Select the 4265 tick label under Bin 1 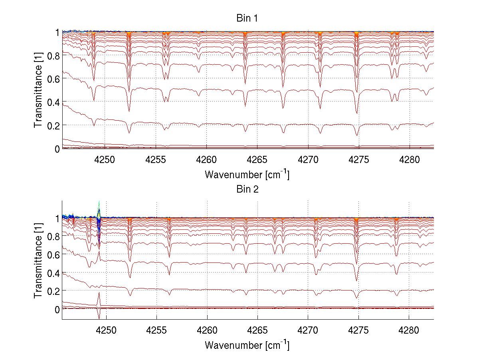(257, 159)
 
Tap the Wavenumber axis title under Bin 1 (247, 174)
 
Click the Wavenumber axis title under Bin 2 (247, 345)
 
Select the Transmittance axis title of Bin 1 (38, 90)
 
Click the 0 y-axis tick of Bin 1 (57, 149)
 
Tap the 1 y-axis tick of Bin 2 (57, 218)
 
